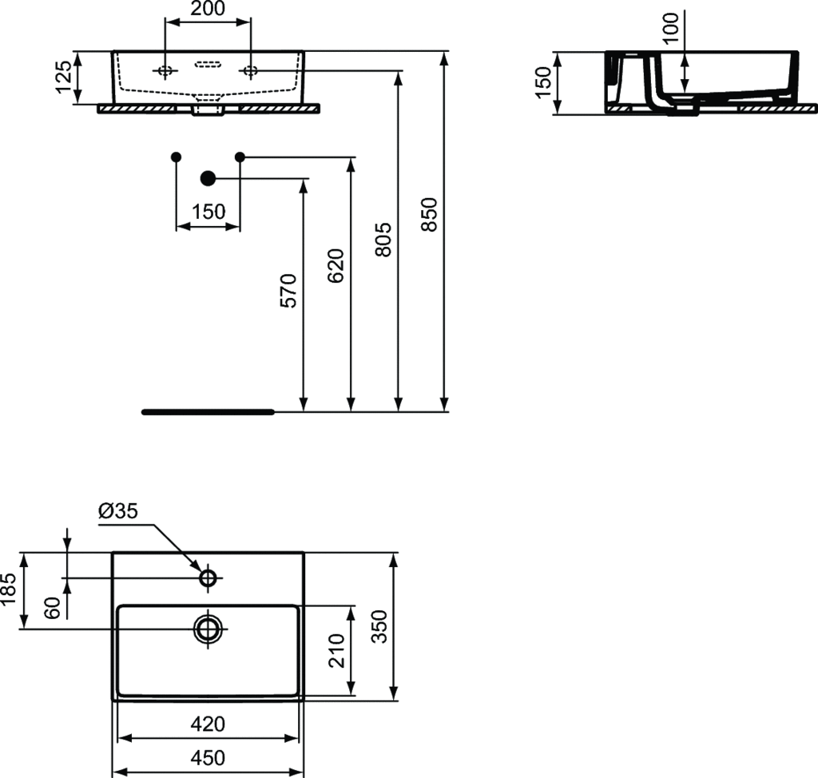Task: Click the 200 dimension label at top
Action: [x=208, y=9]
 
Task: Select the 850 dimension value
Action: [x=429, y=214]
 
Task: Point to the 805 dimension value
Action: [x=383, y=240]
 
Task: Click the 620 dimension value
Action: [x=336, y=265]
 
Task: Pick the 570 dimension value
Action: [x=288, y=291]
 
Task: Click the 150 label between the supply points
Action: [x=208, y=212]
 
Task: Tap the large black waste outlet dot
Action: [x=208, y=177]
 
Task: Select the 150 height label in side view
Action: [x=543, y=82]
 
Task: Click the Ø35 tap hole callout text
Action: [x=118, y=511]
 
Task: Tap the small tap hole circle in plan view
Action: [x=208, y=578]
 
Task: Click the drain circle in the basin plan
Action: [x=208, y=629]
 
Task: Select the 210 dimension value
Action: [x=336, y=650]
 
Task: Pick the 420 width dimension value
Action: [x=208, y=724]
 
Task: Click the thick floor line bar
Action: [x=208, y=412]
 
